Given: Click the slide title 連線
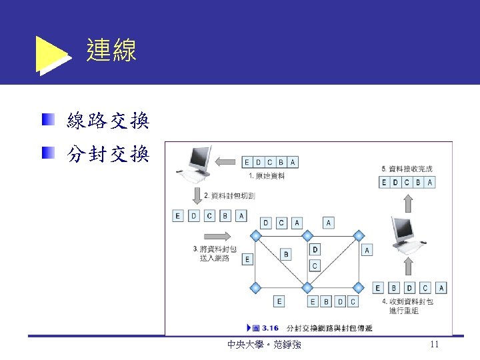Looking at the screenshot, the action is [x=111, y=51].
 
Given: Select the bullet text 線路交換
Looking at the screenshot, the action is [x=108, y=121].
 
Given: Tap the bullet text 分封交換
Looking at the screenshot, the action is [x=108, y=155].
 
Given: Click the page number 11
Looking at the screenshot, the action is [x=434, y=345].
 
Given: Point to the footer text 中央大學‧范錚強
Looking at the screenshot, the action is [x=263, y=345].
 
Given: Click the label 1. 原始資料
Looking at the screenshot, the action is [x=267, y=176].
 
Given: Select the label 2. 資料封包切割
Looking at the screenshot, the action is [x=229, y=195].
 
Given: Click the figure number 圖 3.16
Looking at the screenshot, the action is [x=265, y=328].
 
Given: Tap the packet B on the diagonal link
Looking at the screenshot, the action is [x=286, y=254].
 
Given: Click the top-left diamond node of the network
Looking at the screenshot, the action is [x=255, y=235].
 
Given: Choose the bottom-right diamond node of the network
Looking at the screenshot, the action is [x=359, y=288].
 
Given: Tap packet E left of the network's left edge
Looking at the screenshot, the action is [x=247, y=259].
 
